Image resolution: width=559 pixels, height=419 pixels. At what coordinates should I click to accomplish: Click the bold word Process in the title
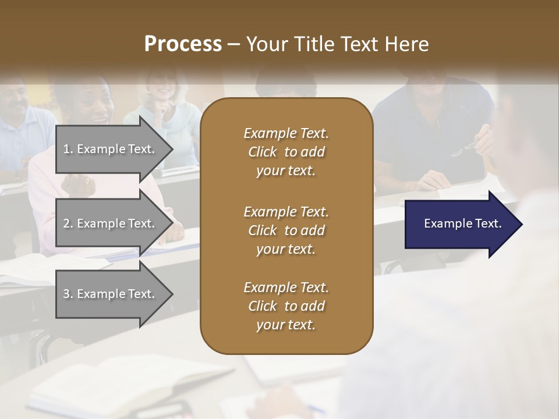click(x=183, y=44)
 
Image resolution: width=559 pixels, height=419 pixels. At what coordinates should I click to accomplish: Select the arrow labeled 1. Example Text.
click(x=111, y=149)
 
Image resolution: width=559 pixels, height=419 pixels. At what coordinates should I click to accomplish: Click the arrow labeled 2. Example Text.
click(x=111, y=223)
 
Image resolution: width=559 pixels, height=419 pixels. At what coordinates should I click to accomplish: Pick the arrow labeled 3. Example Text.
click(x=111, y=294)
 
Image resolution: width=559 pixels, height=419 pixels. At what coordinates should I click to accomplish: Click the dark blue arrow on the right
click(x=460, y=224)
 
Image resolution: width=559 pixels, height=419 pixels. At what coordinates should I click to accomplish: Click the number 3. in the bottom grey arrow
click(x=68, y=294)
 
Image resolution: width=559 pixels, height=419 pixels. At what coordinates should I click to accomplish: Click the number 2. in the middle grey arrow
click(x=68, y=223)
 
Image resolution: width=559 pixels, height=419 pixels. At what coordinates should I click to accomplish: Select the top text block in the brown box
click(x=286, y=152)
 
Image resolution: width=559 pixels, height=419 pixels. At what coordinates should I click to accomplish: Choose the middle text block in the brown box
click(x=286, y=230)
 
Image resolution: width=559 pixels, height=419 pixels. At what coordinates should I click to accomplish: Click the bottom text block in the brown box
click(x=286, y=306)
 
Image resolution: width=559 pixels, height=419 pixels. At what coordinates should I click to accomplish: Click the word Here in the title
click(x=407, y=44)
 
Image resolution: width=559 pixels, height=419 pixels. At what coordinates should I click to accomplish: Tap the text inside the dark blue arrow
click(x=462, y=223)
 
